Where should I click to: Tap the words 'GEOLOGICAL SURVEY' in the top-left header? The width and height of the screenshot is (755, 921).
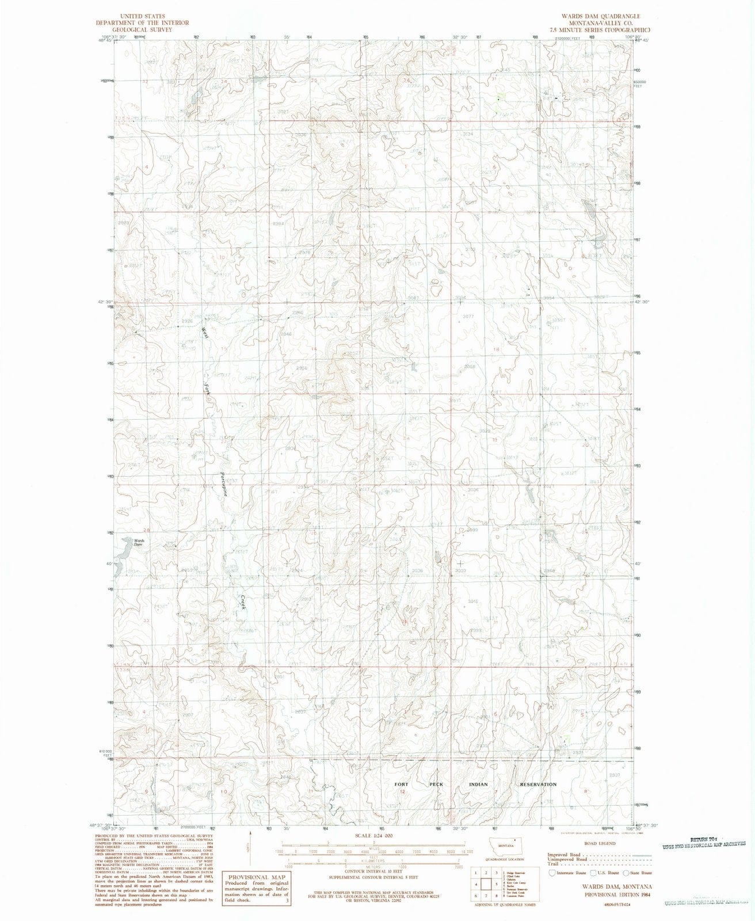pyautogui.click(x=142, y=29)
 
